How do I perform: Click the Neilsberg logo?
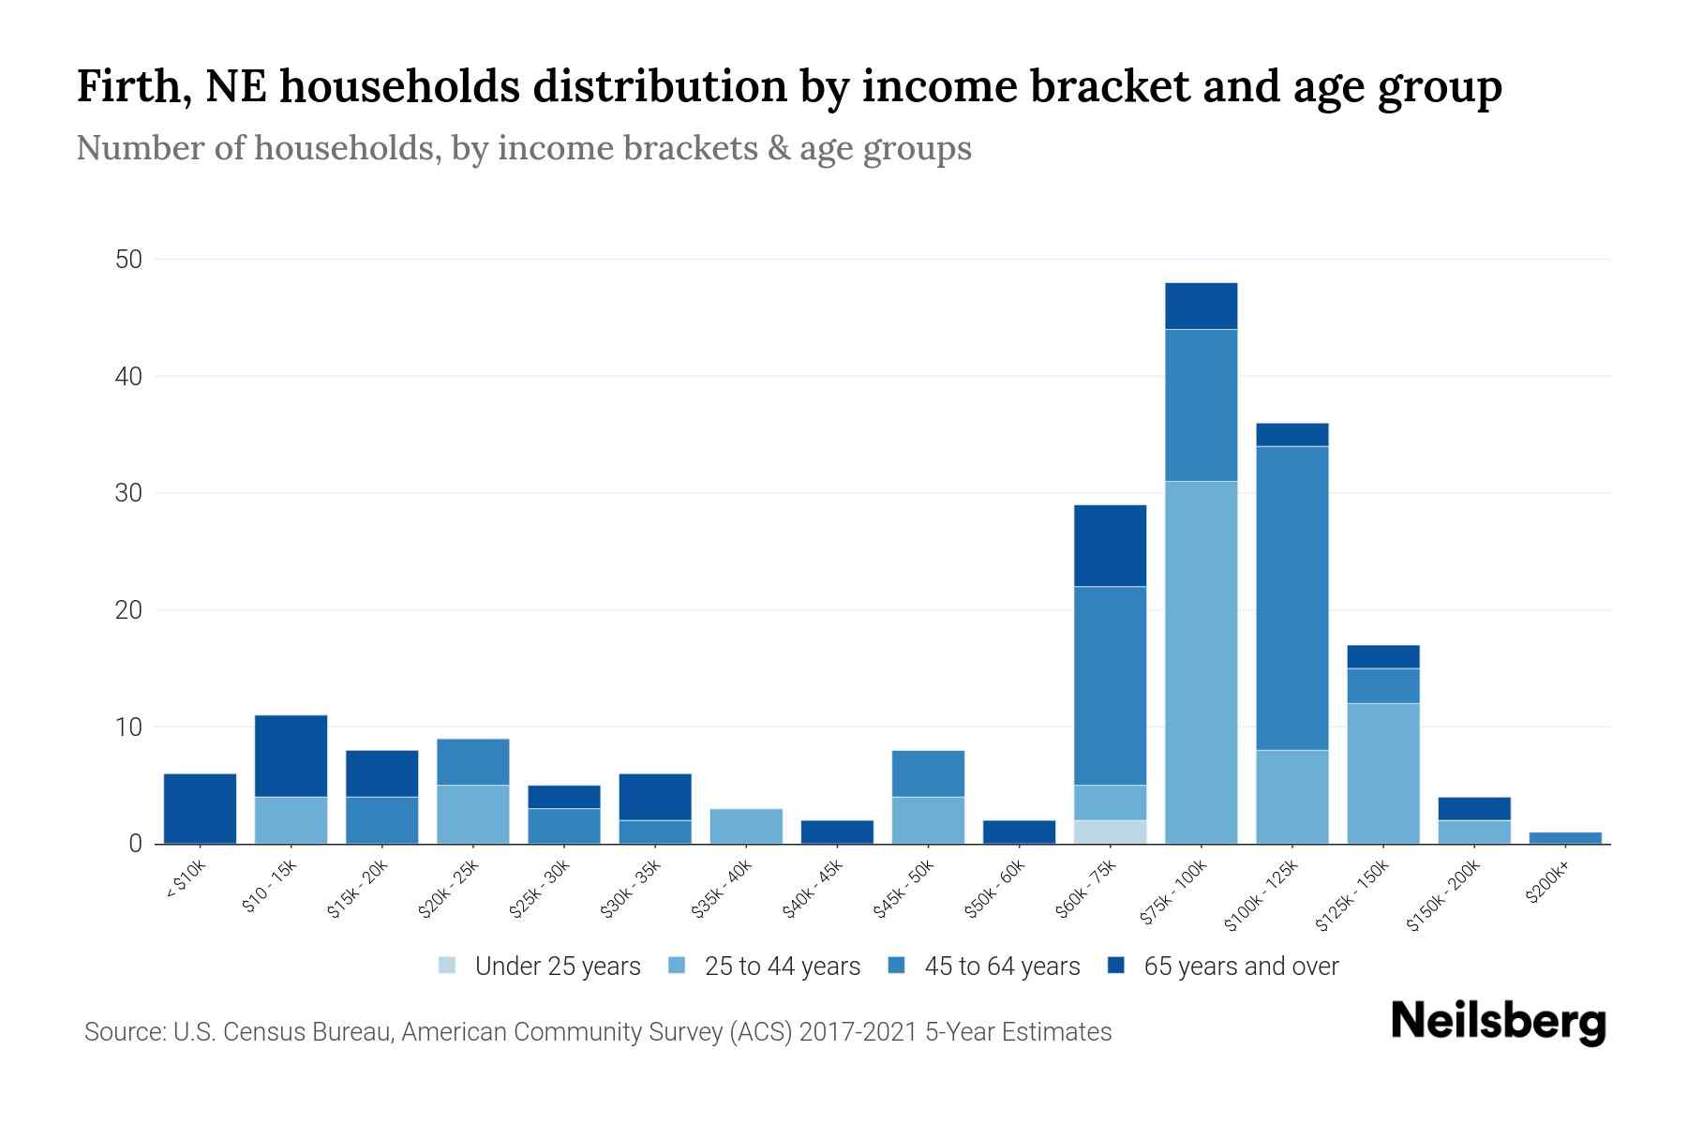(1498, 1022)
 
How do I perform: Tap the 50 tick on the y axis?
(128, 260)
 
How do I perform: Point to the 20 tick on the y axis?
(128, 610)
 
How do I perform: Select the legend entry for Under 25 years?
(557, 967)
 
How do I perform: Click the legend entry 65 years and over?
(1240, 967)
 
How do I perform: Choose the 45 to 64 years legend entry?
(1001, 967)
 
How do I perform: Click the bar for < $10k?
(200, 808)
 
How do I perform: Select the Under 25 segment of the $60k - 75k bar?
(1110, 832)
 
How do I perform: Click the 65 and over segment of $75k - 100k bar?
(1201, 306)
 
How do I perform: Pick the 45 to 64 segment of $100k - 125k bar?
(1291, 598)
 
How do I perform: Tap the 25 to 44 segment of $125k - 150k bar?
(1382, 773)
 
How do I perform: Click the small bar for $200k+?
(1564, 838)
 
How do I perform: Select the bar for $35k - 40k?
(746, 826)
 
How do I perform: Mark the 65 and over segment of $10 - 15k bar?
(291, 756)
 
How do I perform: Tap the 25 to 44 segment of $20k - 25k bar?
(472, 815)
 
